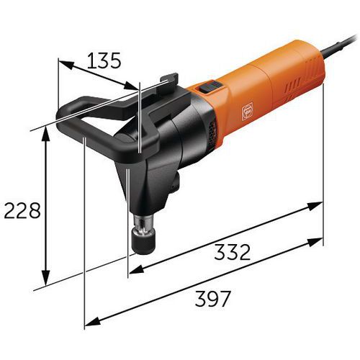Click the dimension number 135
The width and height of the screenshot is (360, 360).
tap(104, 60)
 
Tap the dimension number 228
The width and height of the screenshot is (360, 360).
tap(22, 210)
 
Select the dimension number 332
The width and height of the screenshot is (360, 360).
tap(232, 252)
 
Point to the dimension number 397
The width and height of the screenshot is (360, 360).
tap(212, 299)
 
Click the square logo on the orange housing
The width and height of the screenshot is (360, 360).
tap(247, 111)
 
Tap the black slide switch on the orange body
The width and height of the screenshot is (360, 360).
tap(210, 86)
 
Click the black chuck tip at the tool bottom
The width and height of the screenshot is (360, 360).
tap(145, 243)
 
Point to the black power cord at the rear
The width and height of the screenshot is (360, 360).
tap(340, 46)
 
